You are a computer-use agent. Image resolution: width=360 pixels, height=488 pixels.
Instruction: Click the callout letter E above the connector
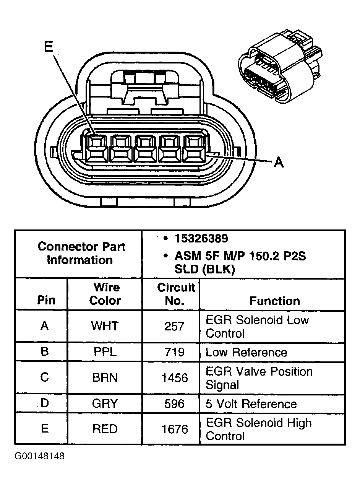tap(49, 47)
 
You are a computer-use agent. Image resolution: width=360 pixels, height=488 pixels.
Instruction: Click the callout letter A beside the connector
tap(279, 163)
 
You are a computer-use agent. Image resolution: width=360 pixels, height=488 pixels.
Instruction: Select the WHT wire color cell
tap(105, 326)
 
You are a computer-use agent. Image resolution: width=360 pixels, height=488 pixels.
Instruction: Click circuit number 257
tap(174, 326)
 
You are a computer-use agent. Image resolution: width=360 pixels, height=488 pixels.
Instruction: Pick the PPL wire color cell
tap(105, 352)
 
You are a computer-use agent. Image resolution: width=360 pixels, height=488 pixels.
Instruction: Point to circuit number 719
tap(174, 352)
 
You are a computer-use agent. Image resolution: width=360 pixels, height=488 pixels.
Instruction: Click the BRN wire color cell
tap(105, 378)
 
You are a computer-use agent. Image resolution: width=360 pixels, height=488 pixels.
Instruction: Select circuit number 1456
tap(174, 378)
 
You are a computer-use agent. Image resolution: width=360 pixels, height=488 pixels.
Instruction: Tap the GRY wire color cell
tap(105, 403)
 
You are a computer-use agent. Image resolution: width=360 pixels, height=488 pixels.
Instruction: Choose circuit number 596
tap(174, 403)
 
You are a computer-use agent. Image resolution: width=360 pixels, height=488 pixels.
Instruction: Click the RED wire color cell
tap(105, 429)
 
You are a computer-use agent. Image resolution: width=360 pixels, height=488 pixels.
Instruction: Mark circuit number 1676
tap(174, 429)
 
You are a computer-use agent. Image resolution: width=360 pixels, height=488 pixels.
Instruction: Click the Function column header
tap(274, 301)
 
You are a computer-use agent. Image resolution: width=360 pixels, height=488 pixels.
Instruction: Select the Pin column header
tap(46, 300)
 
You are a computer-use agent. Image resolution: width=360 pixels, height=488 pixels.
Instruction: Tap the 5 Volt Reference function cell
tap(251, 404)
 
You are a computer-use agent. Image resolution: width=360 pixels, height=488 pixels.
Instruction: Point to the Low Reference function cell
tap(246, 352)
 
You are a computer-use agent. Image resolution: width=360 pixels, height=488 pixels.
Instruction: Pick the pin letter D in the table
tap(45, 403)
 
